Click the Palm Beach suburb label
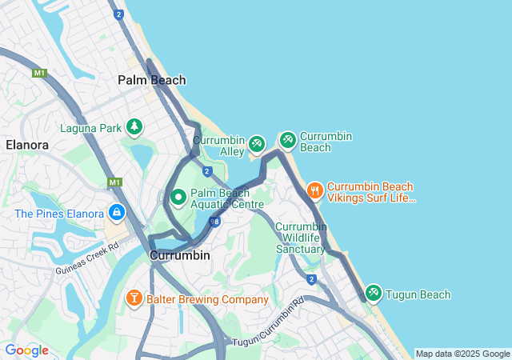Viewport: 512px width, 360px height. tap(152, 80)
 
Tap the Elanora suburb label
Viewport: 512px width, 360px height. tap(27, 145)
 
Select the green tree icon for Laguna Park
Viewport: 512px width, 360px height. tap(134, 127)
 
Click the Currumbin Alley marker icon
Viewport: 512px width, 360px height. tap(257, 144)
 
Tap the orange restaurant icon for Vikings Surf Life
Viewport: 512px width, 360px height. tap(315, 190)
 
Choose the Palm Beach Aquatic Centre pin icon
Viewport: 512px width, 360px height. tap(178, 197)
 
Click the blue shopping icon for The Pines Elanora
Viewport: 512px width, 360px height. tap(117, 213)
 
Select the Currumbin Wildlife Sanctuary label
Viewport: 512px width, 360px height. tap(301, 238)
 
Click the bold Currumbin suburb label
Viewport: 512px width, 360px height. tap(180, 255)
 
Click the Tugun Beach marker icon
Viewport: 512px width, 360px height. tap(374, 294)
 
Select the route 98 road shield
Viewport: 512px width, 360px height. tap(214, 221)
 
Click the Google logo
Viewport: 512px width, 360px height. tap(26, 350)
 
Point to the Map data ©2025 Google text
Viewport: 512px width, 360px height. tap(462, 354)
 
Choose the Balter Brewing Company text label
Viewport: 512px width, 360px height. tap(208, 300)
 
